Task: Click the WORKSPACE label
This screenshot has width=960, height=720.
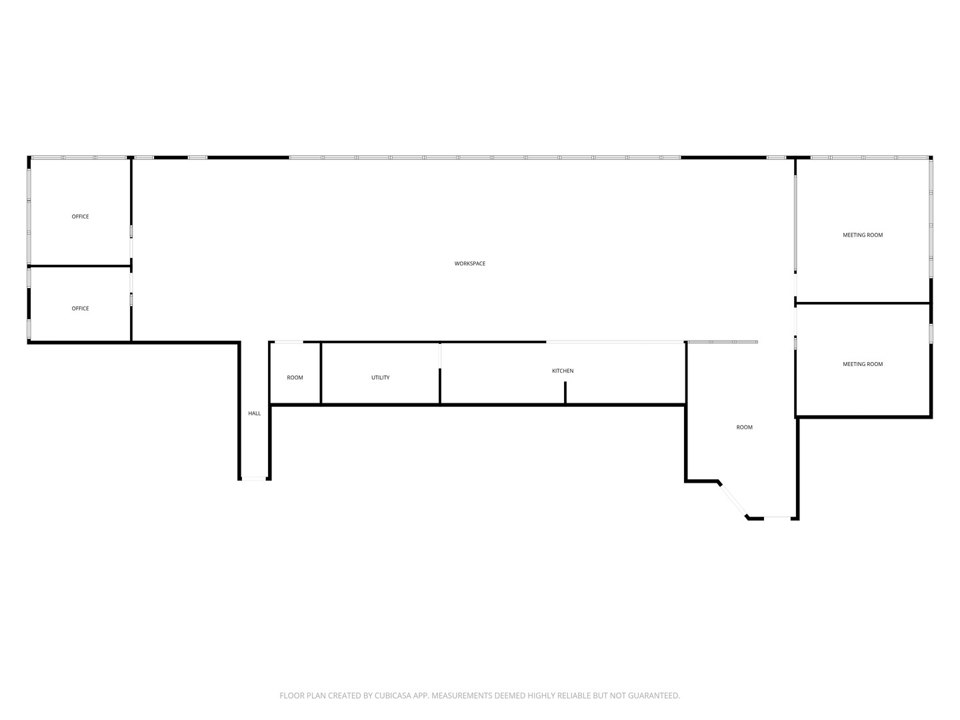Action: tap(470, 264)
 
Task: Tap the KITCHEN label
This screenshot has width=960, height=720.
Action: tap(563, 371)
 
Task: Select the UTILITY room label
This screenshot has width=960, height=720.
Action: tap(381, 378)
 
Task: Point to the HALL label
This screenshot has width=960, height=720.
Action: tap(255, 414)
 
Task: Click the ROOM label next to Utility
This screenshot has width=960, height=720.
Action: tap(295, 378)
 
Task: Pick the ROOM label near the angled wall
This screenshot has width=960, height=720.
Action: tap(744, 427)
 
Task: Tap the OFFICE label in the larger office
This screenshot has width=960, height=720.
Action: tap(80, 217)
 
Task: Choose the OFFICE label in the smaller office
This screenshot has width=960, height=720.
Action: tap(80, 309)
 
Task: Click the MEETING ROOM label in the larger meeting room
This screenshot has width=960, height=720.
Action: tap(863, 235)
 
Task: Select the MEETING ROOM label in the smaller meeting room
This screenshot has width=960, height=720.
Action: tap(863, 365)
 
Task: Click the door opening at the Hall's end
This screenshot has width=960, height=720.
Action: tap(254, 479)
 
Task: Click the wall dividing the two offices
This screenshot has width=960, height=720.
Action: tap(80, 267)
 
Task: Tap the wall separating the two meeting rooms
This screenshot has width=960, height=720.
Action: tap(863, 303)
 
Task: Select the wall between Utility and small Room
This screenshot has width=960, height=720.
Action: tap(321, 373)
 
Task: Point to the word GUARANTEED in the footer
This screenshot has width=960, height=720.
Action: tap(653, 696)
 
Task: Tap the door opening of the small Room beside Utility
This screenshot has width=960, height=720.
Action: tap(289, 342)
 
